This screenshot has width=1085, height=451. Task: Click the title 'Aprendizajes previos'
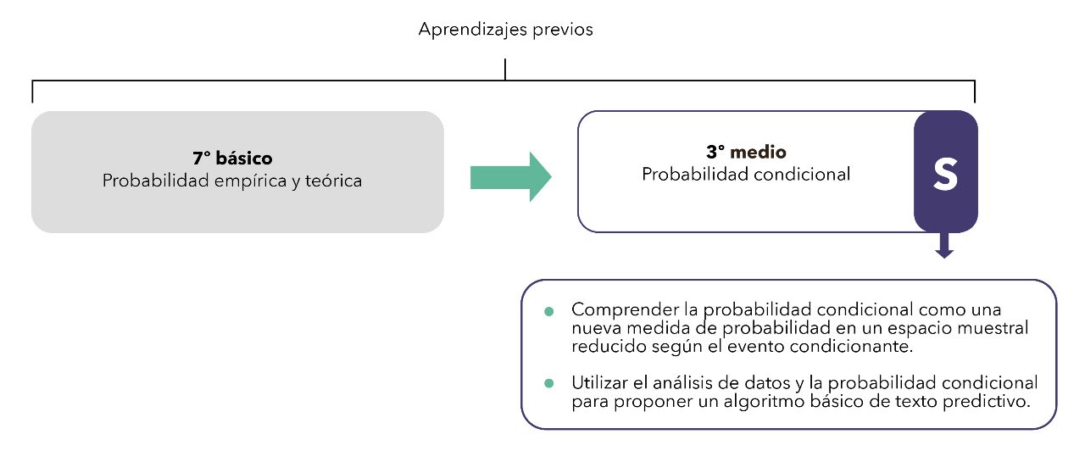click(x=506, y=30)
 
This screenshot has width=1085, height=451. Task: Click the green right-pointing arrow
click(x=510, y=177)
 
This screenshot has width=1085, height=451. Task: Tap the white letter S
click(x=945, y=175)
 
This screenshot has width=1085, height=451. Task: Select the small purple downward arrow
click(x=944, y=246)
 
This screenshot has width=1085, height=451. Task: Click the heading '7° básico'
click(x=232, y=159)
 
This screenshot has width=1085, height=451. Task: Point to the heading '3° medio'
click(x=746, y=152)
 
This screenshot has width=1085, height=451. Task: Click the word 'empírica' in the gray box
click(x=250, y=181)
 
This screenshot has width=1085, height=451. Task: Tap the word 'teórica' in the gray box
click(x=333, y=181)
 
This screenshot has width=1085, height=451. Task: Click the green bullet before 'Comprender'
click(x=548, y=311)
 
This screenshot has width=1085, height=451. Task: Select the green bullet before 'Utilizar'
click(x=548, y=384)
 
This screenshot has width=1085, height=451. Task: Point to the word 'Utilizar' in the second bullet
click(x=599, y=382)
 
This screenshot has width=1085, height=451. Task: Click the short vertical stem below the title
click(x=505, y=70)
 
